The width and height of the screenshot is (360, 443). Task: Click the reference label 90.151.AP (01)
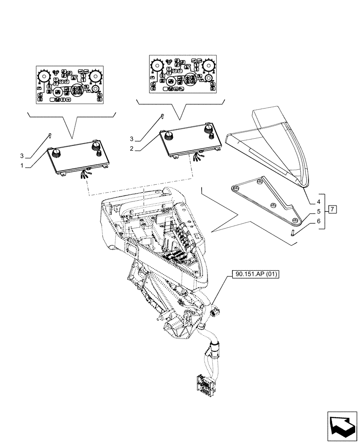(255, 275)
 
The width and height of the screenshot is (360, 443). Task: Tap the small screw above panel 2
(162, 116)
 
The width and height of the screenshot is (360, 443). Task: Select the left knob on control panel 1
(56, 153)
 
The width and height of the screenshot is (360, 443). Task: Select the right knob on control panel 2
(208, 129)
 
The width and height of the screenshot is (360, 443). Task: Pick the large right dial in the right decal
(209, 66)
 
